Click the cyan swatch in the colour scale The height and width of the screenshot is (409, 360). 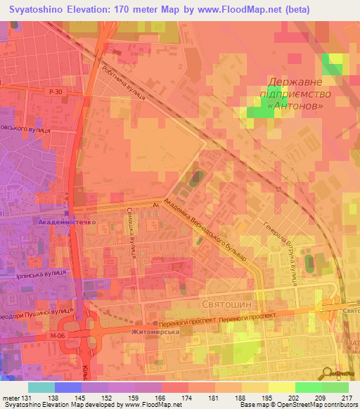(x=41, y=387)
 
